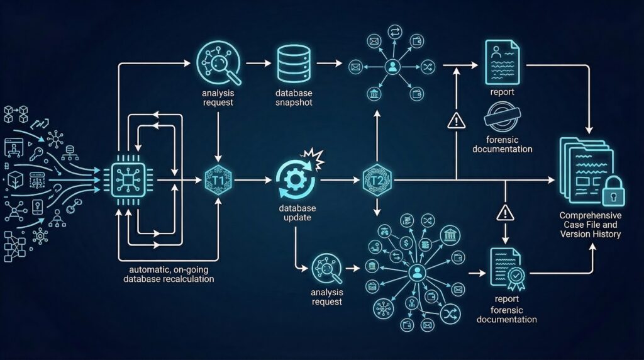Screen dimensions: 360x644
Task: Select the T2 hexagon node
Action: click(376, 181)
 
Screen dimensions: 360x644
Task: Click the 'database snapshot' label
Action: click(293, 98)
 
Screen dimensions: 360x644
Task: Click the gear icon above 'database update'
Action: click(294, 179)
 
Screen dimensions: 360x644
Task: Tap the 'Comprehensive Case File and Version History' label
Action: click(590, 225)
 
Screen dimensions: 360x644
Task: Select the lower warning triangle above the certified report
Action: click(505, 213)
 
